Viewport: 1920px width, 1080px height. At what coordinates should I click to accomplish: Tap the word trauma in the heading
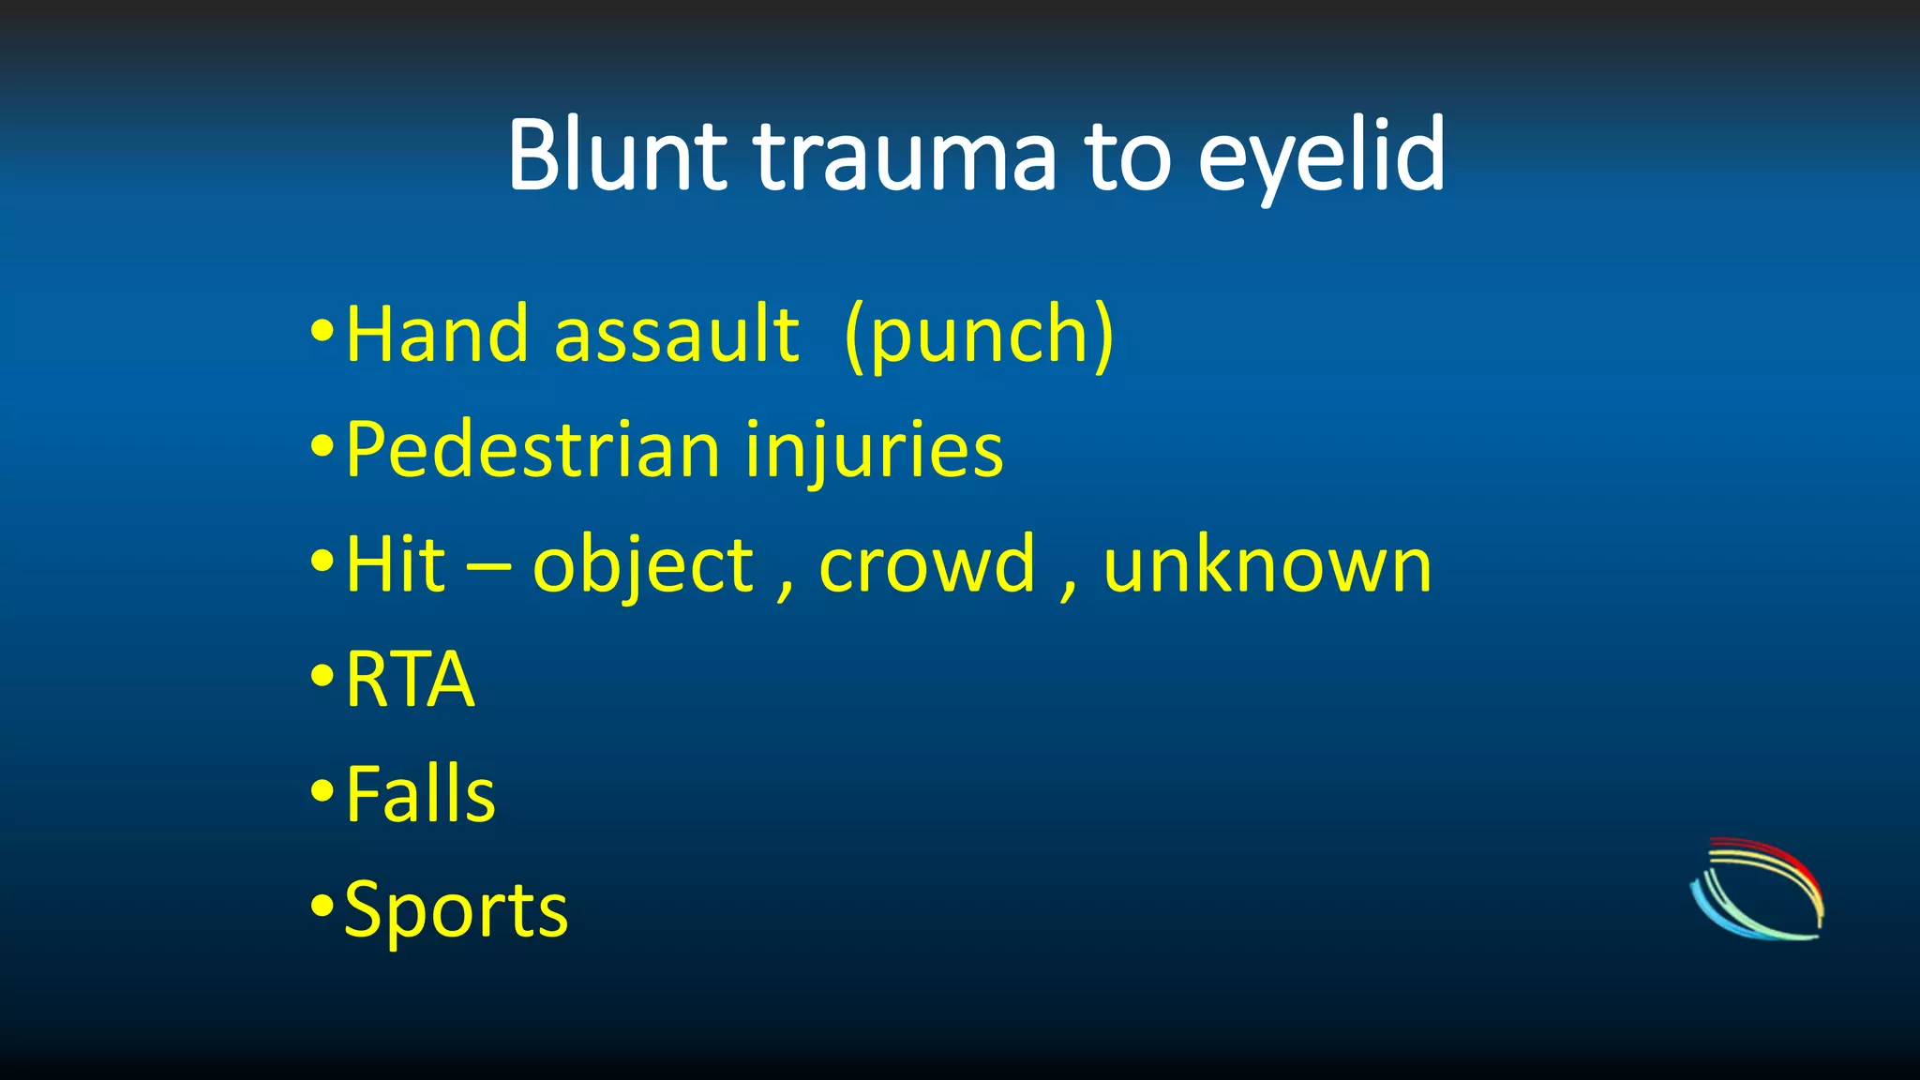click(906, 157)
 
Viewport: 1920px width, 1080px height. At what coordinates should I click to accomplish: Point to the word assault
click(676, 335)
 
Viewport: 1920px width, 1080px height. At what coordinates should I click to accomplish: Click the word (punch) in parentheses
click(979, 336)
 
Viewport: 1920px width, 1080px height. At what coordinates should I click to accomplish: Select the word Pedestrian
click(532, 450)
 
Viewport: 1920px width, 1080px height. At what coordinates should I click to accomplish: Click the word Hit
click(395, 565)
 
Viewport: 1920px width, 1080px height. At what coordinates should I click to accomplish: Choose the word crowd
click(927, 565)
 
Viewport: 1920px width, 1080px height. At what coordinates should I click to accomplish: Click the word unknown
click(1267, 565)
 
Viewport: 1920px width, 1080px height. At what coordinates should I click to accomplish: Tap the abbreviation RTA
click(410, 680)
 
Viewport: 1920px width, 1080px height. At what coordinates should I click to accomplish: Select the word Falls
click(420, 795)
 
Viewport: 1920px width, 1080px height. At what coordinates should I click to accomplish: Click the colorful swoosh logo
click(1758, 889)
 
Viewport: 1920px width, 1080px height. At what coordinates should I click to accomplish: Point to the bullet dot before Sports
click(322, 907)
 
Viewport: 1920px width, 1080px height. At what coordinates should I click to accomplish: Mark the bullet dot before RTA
click(322, 676)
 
